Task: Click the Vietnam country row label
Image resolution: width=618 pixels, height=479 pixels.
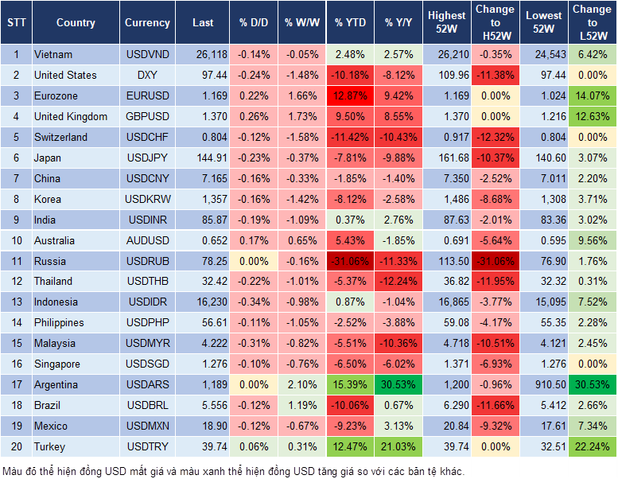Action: point(53,55)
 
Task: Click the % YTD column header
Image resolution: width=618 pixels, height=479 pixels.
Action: point(349,23)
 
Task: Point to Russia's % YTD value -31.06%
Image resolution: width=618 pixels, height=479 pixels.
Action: point(349,261)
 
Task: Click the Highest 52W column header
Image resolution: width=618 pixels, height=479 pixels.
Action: point(446,23)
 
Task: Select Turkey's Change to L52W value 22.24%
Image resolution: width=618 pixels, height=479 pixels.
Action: point(591,446)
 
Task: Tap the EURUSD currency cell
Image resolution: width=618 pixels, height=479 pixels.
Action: point(147,96)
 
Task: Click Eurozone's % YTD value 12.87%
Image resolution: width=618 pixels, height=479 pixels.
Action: point(349,96)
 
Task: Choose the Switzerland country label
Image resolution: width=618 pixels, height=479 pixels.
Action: point(60,137)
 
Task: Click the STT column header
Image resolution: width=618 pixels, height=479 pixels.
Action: point(15,23)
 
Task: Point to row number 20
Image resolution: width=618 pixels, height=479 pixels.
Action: point(15,446)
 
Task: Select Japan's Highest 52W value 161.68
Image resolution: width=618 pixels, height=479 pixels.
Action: point(446,158)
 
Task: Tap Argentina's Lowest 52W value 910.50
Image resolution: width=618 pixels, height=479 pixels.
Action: point(545,384)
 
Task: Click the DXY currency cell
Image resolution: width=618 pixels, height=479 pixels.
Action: point(147,76)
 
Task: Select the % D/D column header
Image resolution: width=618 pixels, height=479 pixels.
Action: point(253,23)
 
